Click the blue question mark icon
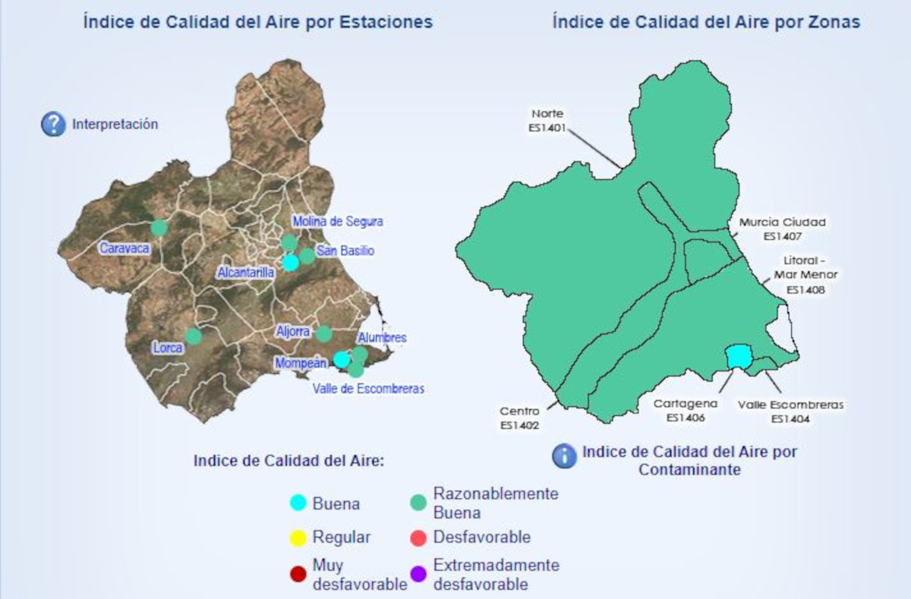(53, 124)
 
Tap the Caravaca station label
(125, 247)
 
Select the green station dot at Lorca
(194, 336)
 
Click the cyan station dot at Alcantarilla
(290, 263)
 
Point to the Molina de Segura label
(338, 222)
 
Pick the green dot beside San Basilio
(307, 256)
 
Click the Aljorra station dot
(324, 334)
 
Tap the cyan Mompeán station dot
(342, 359)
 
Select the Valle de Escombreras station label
(368, 389)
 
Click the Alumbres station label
(382, 338)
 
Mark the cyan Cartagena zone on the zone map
(737, 356)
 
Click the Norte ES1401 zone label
(547, 121)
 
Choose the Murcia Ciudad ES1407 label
(782, 229)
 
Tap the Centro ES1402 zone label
(520, 418)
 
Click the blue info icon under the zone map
(564, 456)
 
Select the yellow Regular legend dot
(299, 538)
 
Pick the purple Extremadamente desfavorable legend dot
(418, 575)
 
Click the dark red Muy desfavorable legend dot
(299, 575)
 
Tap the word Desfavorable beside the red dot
(481, 538)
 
